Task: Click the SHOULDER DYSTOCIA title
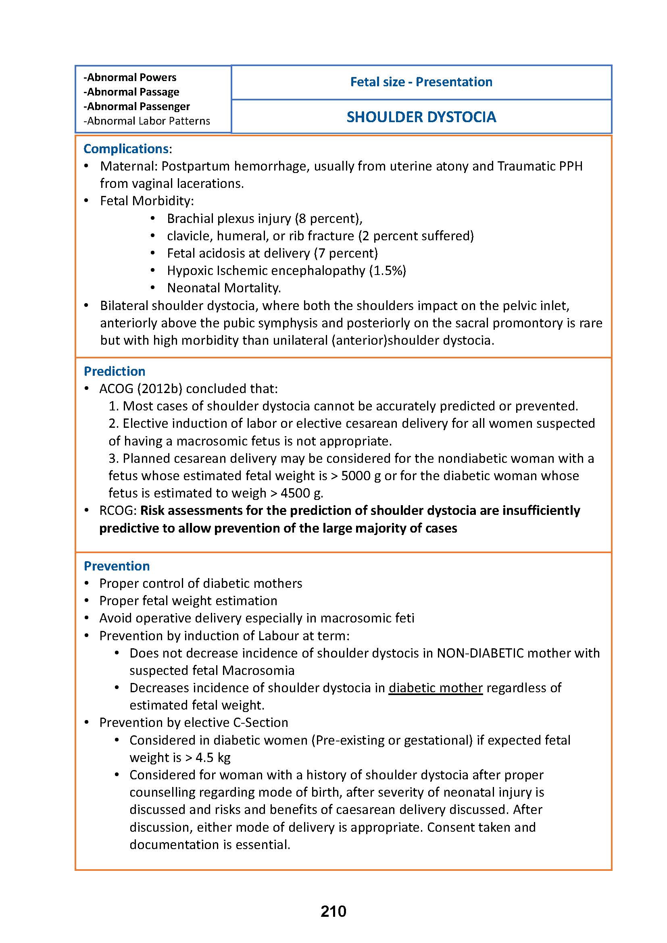421,117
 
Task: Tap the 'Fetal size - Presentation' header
421,82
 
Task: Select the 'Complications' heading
126,149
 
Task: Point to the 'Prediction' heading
114,371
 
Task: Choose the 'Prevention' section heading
117,566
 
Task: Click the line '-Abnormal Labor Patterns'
147,121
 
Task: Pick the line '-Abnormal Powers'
130,77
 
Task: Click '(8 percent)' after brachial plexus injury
328,219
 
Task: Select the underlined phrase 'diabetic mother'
436,688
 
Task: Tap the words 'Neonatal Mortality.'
224,288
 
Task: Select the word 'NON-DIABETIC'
481,653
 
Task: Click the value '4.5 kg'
213,758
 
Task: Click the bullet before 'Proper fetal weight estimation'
87,601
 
